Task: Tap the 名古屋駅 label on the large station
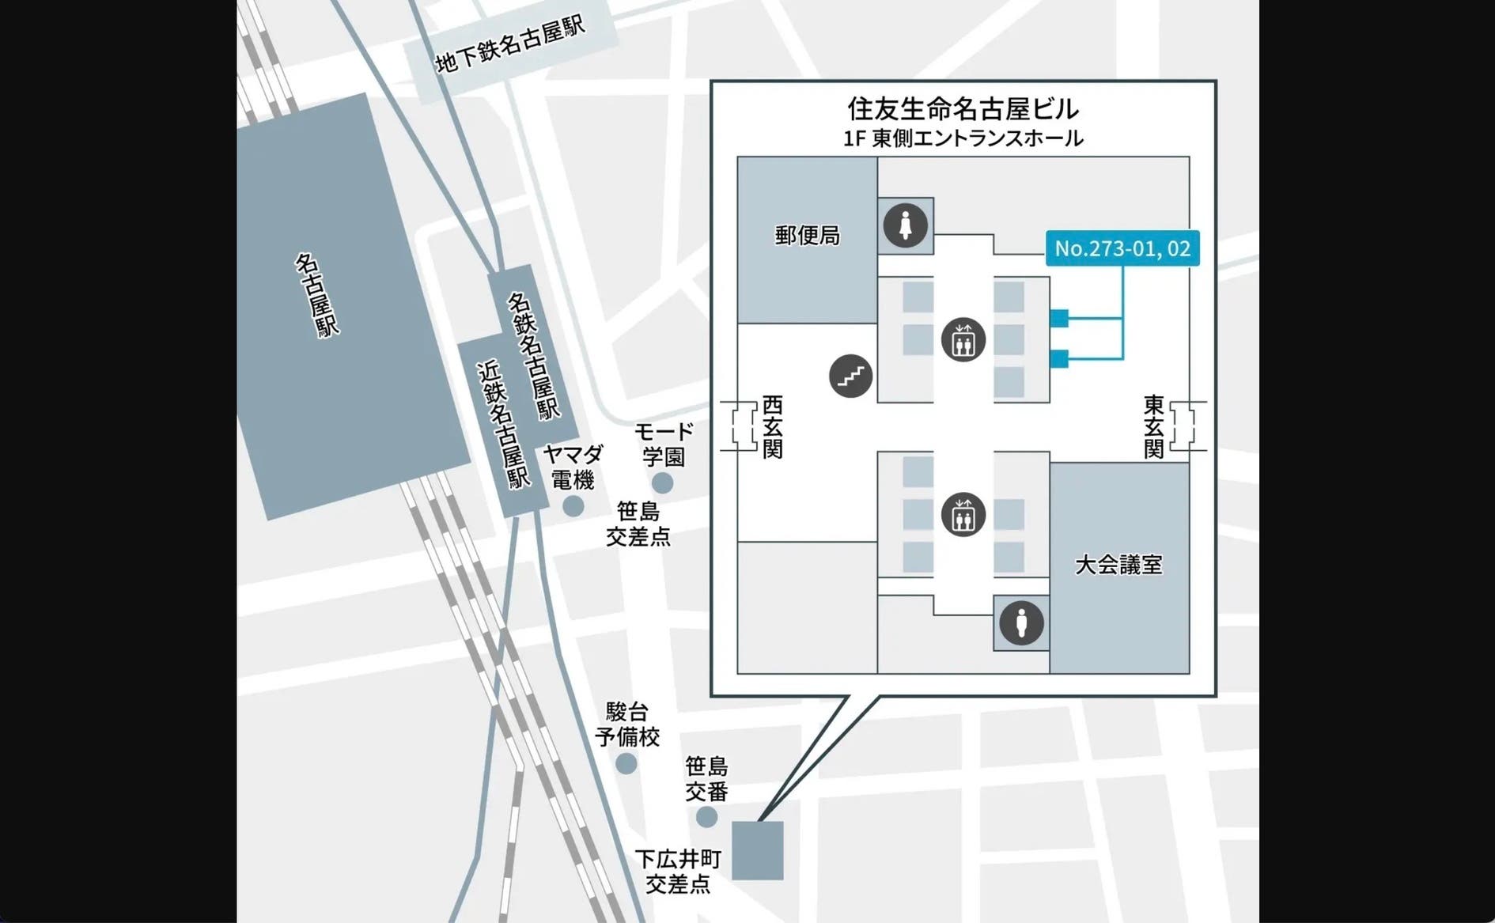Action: pos(317,295)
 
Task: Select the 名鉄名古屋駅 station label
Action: pos(532,356)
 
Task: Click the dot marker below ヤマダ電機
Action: pos(573,506)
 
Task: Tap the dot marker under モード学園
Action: pos(662,482)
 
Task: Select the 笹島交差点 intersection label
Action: pos(638,524)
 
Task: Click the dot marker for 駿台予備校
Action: pos(626,763)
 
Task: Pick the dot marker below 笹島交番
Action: pos(706,817)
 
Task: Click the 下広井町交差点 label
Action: pos(678,871)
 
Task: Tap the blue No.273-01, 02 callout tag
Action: pos(1122,248)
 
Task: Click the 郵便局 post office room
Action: pos(807,236)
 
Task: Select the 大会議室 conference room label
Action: pos(1118,565)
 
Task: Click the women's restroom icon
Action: pos(906,226)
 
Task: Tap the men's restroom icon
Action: pos(1021,623)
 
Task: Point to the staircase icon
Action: pos(850,376)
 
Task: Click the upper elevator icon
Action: pos(963,340)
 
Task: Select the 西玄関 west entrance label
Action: pos(772,427)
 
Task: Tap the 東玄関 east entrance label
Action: pos(1153,427)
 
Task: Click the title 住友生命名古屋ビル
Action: pos(963,108)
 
